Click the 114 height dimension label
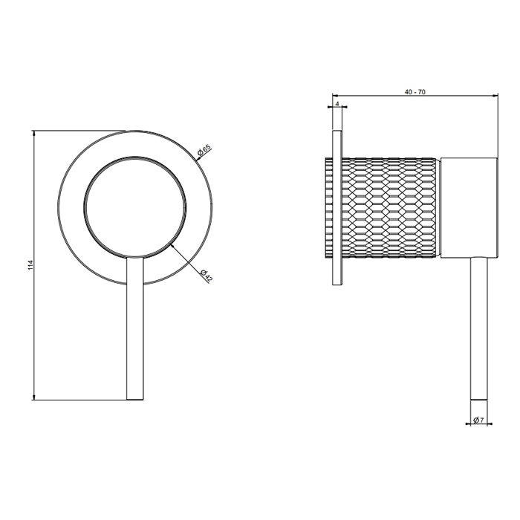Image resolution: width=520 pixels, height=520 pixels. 31,265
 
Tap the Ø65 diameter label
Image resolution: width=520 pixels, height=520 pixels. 204,150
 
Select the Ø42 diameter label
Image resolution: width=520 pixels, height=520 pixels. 206,275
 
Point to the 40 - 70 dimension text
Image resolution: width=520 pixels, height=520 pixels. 415,92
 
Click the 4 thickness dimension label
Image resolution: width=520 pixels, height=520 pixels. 337,103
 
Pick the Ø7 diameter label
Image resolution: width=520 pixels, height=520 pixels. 478,420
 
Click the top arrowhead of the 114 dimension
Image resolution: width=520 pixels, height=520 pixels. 34,133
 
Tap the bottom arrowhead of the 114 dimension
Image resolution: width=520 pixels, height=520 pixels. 34,397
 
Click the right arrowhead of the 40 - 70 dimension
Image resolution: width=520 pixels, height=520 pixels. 495,96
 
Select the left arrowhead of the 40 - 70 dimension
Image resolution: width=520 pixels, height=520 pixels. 335,96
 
